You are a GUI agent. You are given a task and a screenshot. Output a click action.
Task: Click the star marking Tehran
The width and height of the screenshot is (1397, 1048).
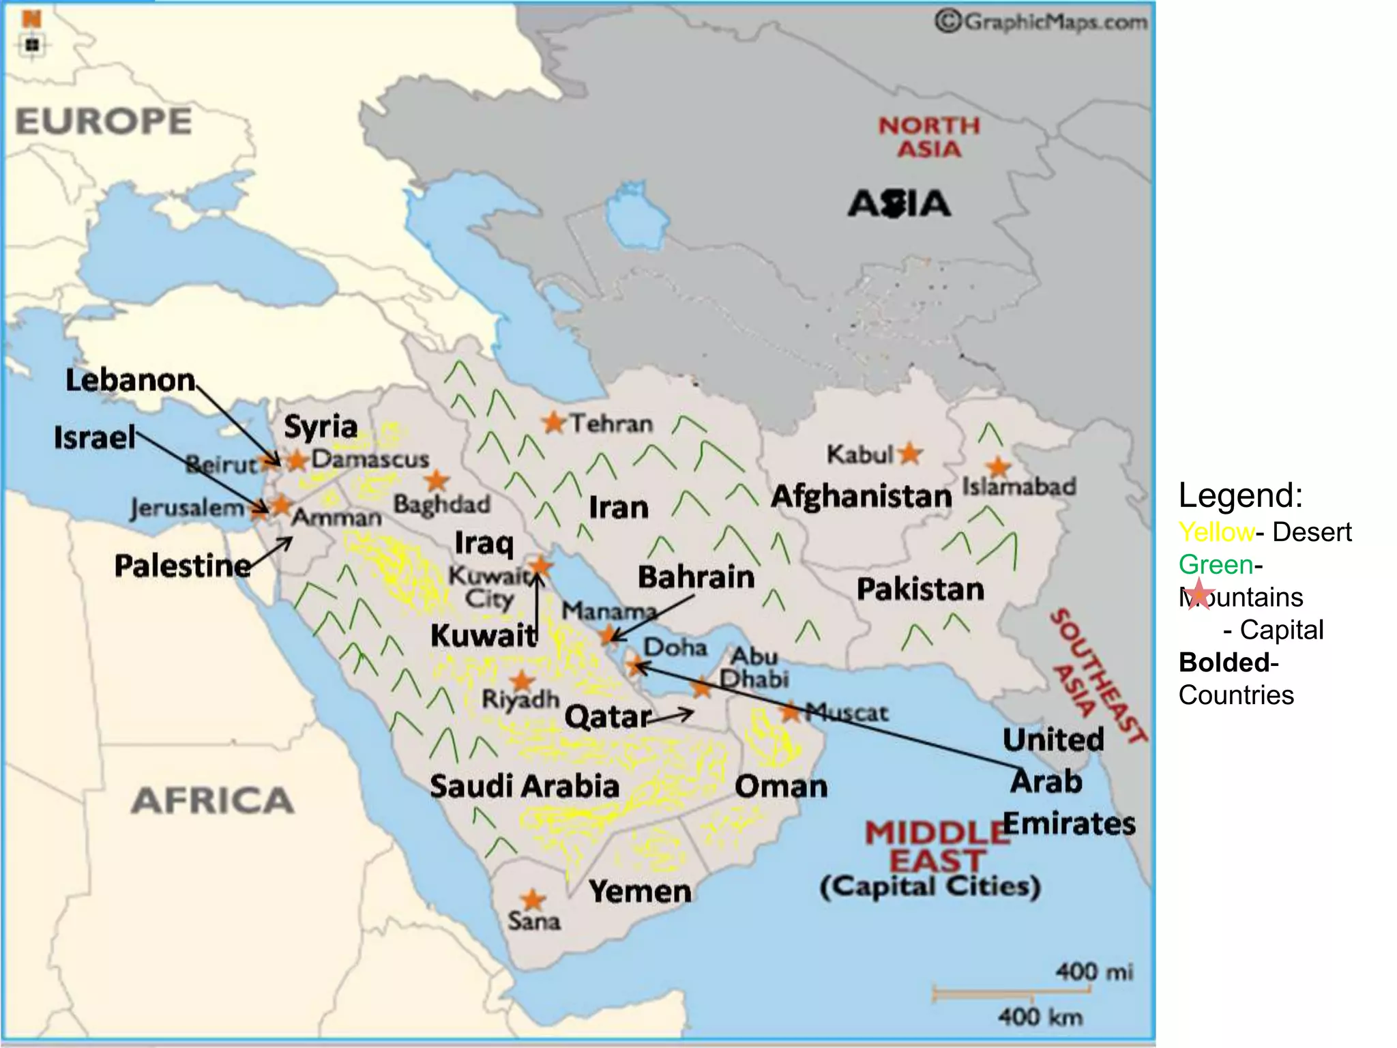[554, 423]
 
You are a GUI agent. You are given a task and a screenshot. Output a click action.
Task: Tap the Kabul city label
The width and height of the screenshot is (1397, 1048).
[859, 454]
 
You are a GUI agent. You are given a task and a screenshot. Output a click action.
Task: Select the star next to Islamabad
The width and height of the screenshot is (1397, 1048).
[999, 467]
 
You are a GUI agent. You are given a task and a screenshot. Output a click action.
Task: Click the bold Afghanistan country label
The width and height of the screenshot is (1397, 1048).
[862, 496]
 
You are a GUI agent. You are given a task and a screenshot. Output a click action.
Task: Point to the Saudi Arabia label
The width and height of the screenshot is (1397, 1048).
[524, 786]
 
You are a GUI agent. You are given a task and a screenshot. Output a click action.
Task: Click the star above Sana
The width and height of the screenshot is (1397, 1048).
[532, 900]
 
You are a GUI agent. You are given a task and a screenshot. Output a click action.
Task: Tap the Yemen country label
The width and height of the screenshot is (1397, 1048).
[640, 892]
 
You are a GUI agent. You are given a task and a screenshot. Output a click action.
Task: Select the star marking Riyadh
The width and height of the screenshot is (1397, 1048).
[522, 680]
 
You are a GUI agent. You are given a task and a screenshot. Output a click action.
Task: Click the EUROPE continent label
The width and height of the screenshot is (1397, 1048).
[104, 122]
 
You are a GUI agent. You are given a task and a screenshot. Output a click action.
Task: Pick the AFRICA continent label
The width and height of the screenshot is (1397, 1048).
[212, 800]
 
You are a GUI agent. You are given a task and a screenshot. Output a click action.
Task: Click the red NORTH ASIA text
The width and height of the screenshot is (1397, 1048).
[929, 137]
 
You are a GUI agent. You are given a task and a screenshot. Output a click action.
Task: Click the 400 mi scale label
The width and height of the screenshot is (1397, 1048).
[1094, 971]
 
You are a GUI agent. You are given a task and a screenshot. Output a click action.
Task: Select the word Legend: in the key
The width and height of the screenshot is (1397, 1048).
[1240, 495]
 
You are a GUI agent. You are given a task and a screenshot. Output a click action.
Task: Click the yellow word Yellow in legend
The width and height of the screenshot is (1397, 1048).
[1216, 532]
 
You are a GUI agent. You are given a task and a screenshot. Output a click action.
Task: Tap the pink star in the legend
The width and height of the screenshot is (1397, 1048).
[1199, 593]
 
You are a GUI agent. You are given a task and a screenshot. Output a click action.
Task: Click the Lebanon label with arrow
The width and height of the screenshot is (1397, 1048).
[130, 380]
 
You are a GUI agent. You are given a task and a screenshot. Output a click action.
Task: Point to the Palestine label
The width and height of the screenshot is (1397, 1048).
[182, 566]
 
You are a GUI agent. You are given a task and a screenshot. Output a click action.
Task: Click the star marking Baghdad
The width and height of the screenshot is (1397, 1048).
[437, 481]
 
